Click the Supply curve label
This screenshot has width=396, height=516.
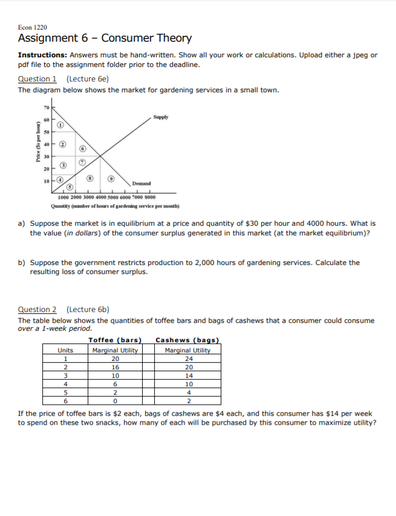[160, 117]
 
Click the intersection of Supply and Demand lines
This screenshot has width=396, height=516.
[100, 156]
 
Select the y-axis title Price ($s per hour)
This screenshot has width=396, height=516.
[37, 148]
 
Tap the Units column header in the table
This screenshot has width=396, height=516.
[65, 350]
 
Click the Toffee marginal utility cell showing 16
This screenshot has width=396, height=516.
[115, 366]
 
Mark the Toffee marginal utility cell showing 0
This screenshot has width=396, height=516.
[115, 400]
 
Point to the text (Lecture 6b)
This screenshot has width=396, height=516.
[88, 310]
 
